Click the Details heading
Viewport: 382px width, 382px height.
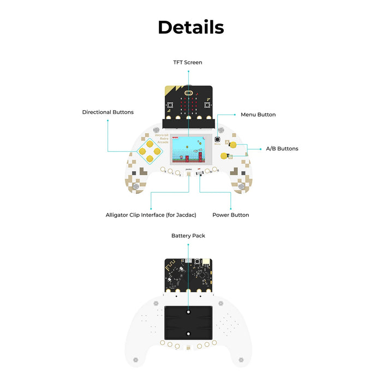pyautogui.click(x=191, y=27)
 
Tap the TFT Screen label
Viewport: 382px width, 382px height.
pyautogui.click(x=188, y=62)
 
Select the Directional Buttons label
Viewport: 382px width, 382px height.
pyautogui.click(x=108, y=112)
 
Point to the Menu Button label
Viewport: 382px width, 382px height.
pyautogui.click(x=258, y=115)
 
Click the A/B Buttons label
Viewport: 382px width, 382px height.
pyautogui.click(x=282, y=148)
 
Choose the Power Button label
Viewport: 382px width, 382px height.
pyautogui.click(x=230, y=215)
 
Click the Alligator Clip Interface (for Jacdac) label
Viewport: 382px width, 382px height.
pyautogui.click(x=150, y=215)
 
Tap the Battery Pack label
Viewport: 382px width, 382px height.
pyautogui.click(x=188, y=236)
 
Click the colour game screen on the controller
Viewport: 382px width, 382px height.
pyautogui.click(x=188, y=149)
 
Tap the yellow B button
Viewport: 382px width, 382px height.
pyautogui.click(x=224, y=156)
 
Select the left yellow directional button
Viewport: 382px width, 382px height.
pyautogui.click(x=141, y=151)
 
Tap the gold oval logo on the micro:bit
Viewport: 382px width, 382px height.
pyautogui.click(x=188, y=92)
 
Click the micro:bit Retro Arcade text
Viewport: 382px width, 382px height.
pyautogui.click(x=162, y=139)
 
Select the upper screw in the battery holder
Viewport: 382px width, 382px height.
pyautogui.click(x=188, y=313)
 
